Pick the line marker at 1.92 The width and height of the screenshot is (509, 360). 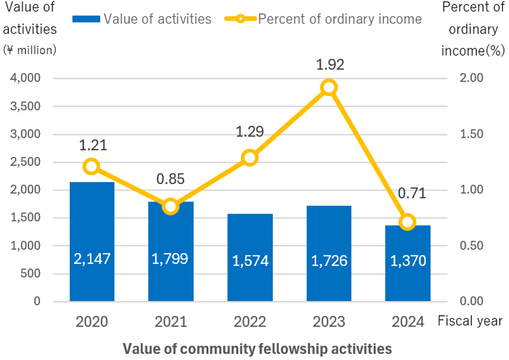(x=329, y=87)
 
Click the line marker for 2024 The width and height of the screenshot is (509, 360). (x=408, y=222)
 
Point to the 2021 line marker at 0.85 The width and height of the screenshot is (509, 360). (x=171, y=207)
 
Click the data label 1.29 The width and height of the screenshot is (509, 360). (x=250, y=132)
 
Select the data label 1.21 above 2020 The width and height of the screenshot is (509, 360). (x=92, y=145)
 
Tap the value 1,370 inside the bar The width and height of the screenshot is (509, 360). (x=408, y=260)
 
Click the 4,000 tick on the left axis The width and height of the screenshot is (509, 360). (x=25, y=79)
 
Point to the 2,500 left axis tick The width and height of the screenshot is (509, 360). (x=25, y=162)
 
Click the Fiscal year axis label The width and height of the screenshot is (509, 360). (x=470, y=321)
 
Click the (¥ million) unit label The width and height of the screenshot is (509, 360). (x=30, y=50)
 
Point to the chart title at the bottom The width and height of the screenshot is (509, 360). (x=257, y=349)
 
